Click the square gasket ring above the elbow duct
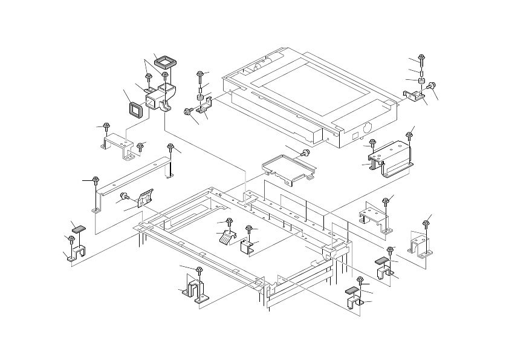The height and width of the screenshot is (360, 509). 164,61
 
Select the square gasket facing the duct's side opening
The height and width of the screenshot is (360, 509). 134,108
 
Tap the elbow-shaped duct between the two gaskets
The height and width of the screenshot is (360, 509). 161,94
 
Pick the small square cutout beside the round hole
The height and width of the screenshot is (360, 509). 356,132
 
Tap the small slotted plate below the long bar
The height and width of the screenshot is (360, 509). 146,198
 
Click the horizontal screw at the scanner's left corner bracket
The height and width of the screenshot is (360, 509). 188,112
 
